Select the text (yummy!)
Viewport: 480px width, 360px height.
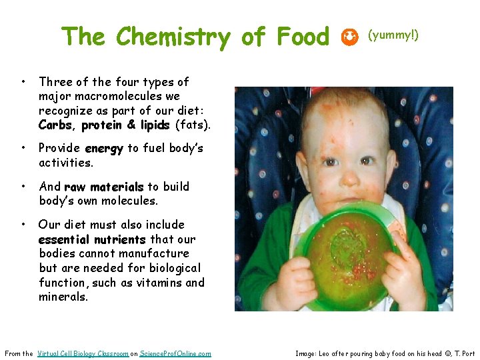(x=393, y=35)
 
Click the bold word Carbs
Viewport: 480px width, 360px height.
(x=55, y=125)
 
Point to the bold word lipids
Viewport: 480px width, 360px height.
(x=154, y=125)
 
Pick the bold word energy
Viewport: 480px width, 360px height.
(x=104, y=149)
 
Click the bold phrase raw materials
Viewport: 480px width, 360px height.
(x=103, y=187)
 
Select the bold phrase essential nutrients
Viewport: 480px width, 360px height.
(x=92, y=239)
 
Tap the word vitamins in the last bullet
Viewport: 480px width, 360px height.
(x=158, y=283)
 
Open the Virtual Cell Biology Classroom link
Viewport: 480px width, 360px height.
(x=83, y=353)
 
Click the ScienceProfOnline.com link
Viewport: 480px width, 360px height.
(x=175, y=353)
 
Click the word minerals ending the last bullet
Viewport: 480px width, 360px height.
(x=63, y=297)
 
